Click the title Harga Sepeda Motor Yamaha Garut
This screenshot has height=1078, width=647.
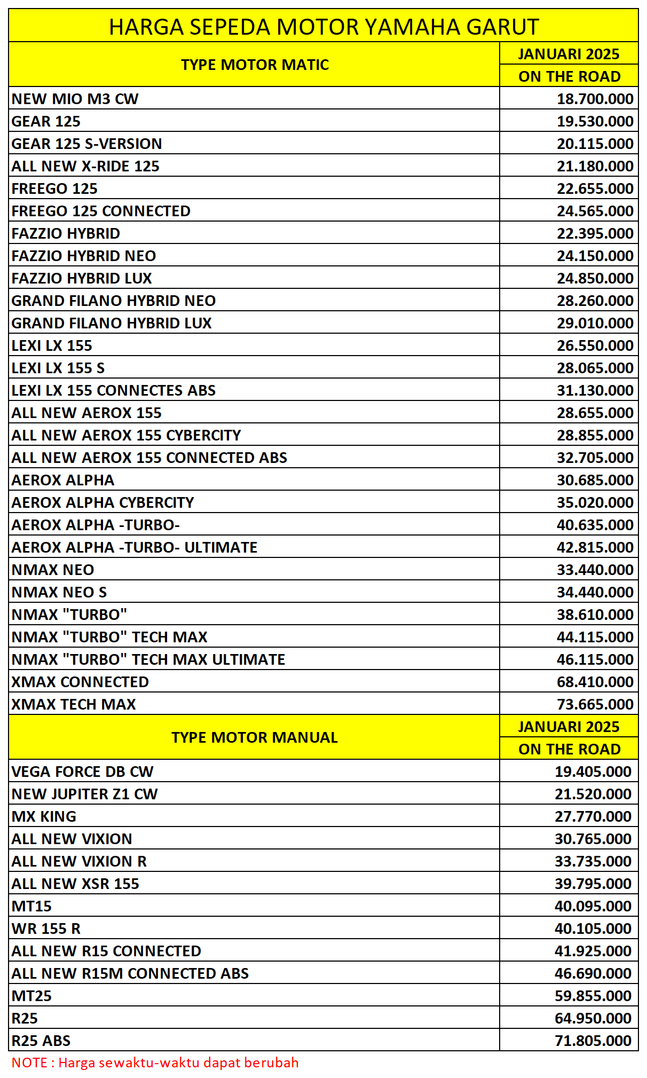pos(323,27)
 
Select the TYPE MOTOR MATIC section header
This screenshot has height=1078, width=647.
pos(255,65)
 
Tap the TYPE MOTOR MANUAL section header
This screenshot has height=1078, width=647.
pos(255,737)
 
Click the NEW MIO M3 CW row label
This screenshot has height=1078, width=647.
pos(75,99)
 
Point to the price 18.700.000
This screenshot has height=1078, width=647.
pos(595,99)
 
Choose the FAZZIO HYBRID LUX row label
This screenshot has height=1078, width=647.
pos(82,278)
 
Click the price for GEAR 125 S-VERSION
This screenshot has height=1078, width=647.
pos(595,144)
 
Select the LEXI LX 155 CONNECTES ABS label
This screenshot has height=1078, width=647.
pos(114,390)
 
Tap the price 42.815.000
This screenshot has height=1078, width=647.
pos(595,547)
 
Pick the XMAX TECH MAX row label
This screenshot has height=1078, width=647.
pos(74,704)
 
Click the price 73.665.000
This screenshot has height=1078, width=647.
pos(595,704)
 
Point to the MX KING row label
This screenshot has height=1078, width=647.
pos(44,816)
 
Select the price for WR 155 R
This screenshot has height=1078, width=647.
pos(593,929)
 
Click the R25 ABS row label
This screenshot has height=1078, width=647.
pos(41,1041)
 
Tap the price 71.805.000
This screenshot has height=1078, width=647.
pos(593,1041)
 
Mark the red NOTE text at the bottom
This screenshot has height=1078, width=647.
pos(155,1063)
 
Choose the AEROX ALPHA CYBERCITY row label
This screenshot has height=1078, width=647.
pos(103,502)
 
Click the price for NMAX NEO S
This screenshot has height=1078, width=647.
pos(595,592)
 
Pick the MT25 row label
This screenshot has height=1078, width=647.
pos(31,996)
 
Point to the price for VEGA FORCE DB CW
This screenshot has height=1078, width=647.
pos(593,772)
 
